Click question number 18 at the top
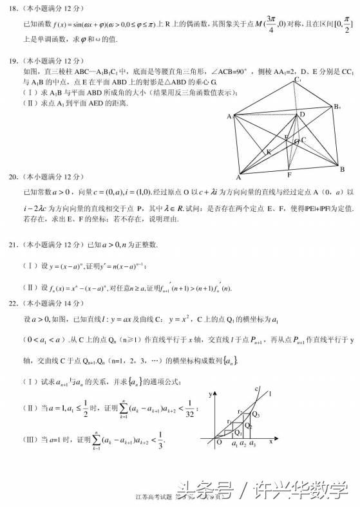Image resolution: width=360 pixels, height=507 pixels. tap(11, 10)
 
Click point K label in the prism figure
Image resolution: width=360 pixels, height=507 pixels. tap(268, 152)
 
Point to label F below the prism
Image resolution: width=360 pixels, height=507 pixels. tap(290, 174)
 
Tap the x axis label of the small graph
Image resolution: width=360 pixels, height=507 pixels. tap(271, 442)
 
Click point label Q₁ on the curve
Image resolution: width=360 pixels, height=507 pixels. tap(238, 433)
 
